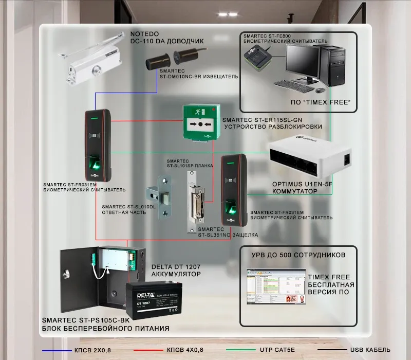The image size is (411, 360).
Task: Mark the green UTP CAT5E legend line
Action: [241, 350]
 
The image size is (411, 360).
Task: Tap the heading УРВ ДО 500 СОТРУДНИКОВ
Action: [298, 255]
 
